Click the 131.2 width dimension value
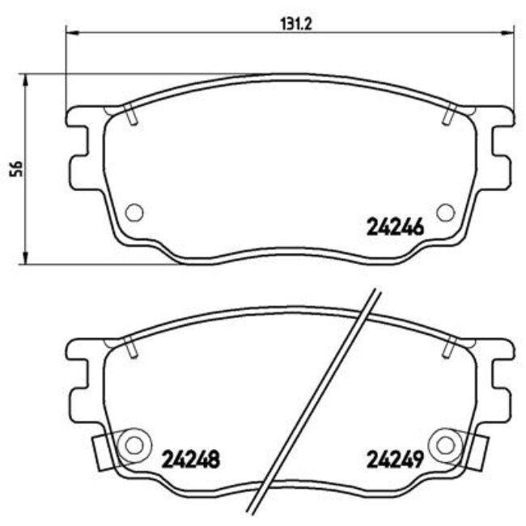(289, 23)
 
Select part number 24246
(396, 227)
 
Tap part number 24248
(193, 460)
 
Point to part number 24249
(396, 460)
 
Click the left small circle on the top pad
(135, 212)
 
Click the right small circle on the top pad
(444, 212)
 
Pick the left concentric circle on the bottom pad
(132, 444)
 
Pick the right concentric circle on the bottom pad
(446, 444)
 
